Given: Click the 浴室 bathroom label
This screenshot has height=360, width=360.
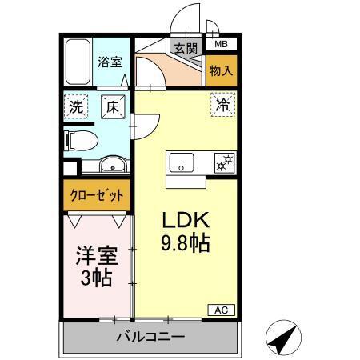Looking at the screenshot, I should (x=110, y=62).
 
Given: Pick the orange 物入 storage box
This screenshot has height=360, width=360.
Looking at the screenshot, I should (x=221, y=70).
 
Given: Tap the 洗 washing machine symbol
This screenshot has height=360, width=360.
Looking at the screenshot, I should (x=76, y=105).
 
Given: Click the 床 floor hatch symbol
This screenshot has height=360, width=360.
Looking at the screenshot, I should (x=112, y=105).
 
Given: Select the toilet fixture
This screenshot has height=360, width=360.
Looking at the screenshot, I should (x=81, y=141).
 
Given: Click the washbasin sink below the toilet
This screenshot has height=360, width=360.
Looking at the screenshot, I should (x=110, y=166).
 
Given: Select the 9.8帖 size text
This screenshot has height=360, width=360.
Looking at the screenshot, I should (x=186, y=243).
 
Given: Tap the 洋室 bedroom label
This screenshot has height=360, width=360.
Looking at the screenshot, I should (x=98, y=258).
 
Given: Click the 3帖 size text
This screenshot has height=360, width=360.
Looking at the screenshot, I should (x=98, y=279).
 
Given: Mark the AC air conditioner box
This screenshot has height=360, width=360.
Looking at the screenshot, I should (x=222, y=310).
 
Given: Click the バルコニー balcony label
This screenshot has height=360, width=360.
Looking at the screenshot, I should (x=149, y=337).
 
